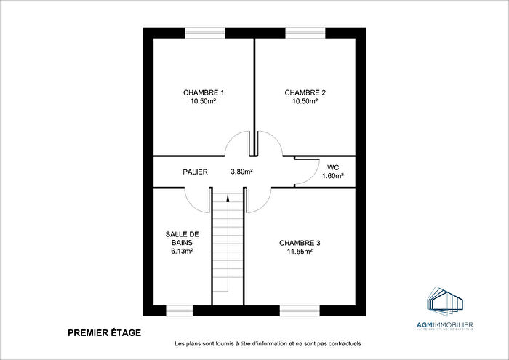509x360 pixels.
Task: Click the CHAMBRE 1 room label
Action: coord(203,92)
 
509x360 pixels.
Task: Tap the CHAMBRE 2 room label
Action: coord(305,92)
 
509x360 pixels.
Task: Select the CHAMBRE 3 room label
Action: coord(300,243)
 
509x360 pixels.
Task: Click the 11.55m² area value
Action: coord(300,252)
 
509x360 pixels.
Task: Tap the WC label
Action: coord(333,167)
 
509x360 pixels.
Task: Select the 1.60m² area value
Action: coord(333,175)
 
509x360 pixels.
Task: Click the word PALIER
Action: coord(195,172)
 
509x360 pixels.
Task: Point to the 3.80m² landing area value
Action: coord(241,172)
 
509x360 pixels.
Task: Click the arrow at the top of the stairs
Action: coord(228,199)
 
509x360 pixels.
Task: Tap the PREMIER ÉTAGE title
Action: coord(104,333)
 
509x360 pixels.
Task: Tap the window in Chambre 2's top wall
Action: coord(305,32)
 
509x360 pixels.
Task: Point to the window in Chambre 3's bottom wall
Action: coord(300,311)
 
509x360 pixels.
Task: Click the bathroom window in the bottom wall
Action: coord(179,311)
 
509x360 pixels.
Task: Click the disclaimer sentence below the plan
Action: coord(268,344)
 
